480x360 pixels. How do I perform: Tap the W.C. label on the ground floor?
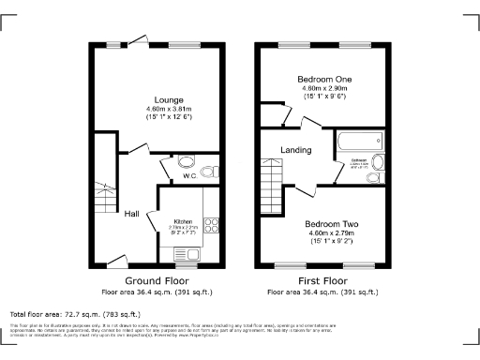point(187,175)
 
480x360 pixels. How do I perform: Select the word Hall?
point(132,214)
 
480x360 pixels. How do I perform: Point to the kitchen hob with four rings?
point(210,226)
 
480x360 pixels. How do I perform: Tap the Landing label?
point(296,150)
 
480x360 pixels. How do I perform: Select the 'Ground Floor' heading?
point(156,280)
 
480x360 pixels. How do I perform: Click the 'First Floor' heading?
point(323,280)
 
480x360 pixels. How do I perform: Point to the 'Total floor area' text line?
point(75,314)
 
